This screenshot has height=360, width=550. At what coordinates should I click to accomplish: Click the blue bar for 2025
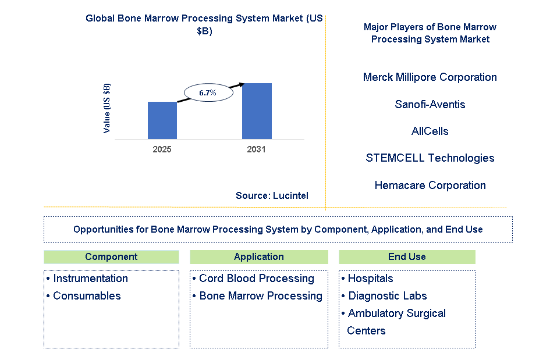pos(162,120)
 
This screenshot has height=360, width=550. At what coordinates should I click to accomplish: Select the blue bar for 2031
pos(257,111)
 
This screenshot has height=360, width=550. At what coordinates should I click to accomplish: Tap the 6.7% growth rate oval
pos(208,92)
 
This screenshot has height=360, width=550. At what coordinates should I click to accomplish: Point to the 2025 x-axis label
pos(162,149)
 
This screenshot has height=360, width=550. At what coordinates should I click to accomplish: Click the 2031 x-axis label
pos(256,149)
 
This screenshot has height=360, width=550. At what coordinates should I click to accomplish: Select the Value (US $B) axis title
pos(107,108)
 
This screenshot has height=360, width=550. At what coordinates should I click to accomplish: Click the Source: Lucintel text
pos(272,195)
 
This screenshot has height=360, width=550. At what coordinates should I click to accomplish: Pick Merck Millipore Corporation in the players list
pos(430,77)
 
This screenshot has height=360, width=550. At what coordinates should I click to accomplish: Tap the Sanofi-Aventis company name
pos(430,105)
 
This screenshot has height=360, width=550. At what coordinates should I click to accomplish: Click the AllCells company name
pos(430,131)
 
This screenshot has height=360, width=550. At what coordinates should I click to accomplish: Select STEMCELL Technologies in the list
pos(430,158)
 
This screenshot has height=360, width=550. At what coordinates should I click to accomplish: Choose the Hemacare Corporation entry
pos(430,186)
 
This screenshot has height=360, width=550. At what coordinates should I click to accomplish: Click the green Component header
pos(111,257)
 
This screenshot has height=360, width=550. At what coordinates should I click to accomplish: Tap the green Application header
pos(258,257)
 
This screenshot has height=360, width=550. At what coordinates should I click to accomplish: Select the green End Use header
pos(407,257)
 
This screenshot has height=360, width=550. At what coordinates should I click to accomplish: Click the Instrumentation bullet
pos(90,279)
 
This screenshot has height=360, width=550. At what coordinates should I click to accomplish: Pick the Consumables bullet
pos(86,296)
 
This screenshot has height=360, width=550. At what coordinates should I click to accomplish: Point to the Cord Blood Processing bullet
pos(256,279)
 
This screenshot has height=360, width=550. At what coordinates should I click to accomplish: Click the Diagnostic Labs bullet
pos(387,296)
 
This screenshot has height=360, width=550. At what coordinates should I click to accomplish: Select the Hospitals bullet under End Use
pos(370,279)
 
